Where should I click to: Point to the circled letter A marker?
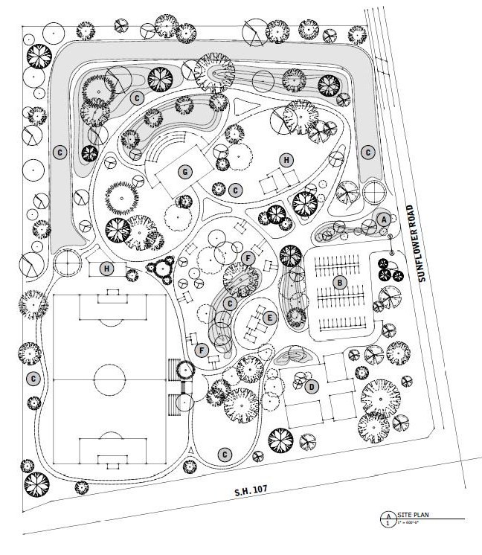pos(383,219)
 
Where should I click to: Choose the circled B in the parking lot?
pos(339,282)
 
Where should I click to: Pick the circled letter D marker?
pos(312,385)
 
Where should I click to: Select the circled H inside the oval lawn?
pos(285,160)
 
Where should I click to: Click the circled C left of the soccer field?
pos(33,378)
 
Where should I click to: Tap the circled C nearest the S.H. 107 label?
pos(223,453)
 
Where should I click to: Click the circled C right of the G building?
pos(235,190)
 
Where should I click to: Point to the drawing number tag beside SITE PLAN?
pos(387,519)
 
